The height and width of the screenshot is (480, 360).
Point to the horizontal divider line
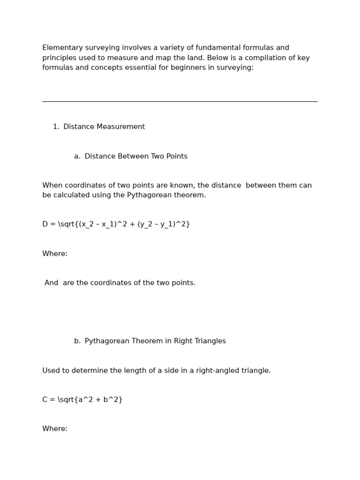pyautogui.click(x=180, y=101)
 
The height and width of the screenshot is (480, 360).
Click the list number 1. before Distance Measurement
pyautogui.click(x=56, y=127)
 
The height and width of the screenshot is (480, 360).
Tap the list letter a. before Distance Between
pyautogui.click(x=77, y=157)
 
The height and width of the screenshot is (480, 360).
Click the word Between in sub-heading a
pyautogui.click(x=133, y=157)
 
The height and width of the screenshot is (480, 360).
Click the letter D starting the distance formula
pyautogui.click(x=45, y=225)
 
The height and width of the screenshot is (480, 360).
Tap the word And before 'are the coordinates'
pyautogui.click(x=52, y=283)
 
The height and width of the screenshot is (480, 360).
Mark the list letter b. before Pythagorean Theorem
pyautogui.click(x=77, y=341)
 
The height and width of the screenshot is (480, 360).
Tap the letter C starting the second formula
pyautogui.click(x=45, y=400)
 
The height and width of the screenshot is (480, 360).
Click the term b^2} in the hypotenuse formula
pyautogui.click(x=113, y=400)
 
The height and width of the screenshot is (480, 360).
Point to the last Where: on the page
pyautogui.click(x=55, y=429)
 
